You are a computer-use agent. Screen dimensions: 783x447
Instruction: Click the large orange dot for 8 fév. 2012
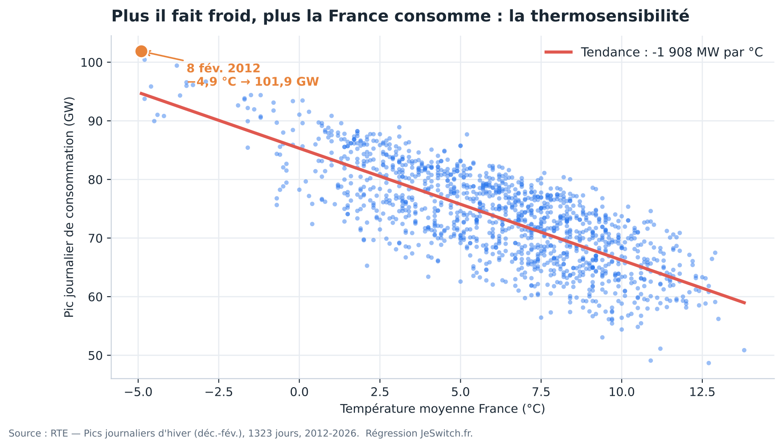click(141, 52)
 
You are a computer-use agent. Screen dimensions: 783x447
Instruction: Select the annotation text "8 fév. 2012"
click(223, 69)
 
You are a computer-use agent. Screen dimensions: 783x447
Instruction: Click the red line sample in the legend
click(558, 52)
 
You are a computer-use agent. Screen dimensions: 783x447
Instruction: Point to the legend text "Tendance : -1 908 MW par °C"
click(672, 52)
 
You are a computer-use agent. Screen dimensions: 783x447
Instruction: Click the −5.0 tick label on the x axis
click(138, 393)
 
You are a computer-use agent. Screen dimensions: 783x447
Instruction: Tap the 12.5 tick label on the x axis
click(702, 393)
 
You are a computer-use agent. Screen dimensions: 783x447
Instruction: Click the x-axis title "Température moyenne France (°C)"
click(443, 409)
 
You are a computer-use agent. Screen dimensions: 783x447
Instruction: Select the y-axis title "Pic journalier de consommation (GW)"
click(69, 207)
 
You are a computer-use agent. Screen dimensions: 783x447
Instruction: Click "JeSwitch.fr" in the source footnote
click(447, 433)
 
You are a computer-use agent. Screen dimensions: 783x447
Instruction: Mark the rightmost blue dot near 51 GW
click(744, 350)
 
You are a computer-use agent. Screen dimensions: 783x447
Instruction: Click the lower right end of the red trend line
click(745, 303)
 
